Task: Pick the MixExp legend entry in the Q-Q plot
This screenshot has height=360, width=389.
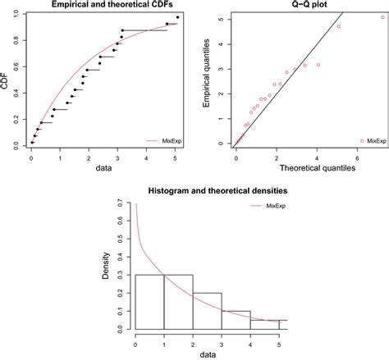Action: pos(373,140)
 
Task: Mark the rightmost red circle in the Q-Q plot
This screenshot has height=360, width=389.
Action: pos(382,16)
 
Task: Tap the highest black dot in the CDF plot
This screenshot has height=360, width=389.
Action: pos(177,16)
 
